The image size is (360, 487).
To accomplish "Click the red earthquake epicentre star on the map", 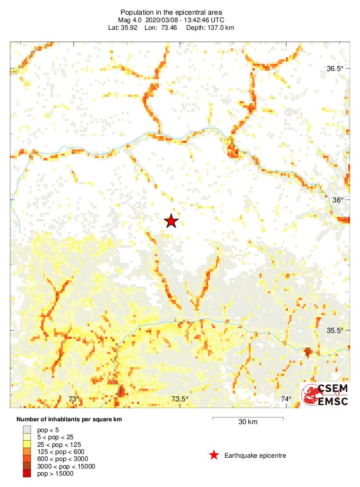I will (171, 221).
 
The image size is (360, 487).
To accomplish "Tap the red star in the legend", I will (214, 455).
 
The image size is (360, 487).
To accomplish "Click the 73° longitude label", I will (73, 400).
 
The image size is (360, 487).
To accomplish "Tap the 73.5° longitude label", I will (180, 400).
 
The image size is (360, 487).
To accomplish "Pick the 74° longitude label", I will (286, 400).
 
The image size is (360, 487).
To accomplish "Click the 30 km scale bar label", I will (248, 422).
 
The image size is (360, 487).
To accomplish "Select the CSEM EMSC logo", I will (326, 394).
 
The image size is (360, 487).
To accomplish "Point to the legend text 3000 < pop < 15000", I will (66, 466).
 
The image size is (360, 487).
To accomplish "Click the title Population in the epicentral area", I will (171, 12).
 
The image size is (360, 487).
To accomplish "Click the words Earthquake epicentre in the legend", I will (255, 455).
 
